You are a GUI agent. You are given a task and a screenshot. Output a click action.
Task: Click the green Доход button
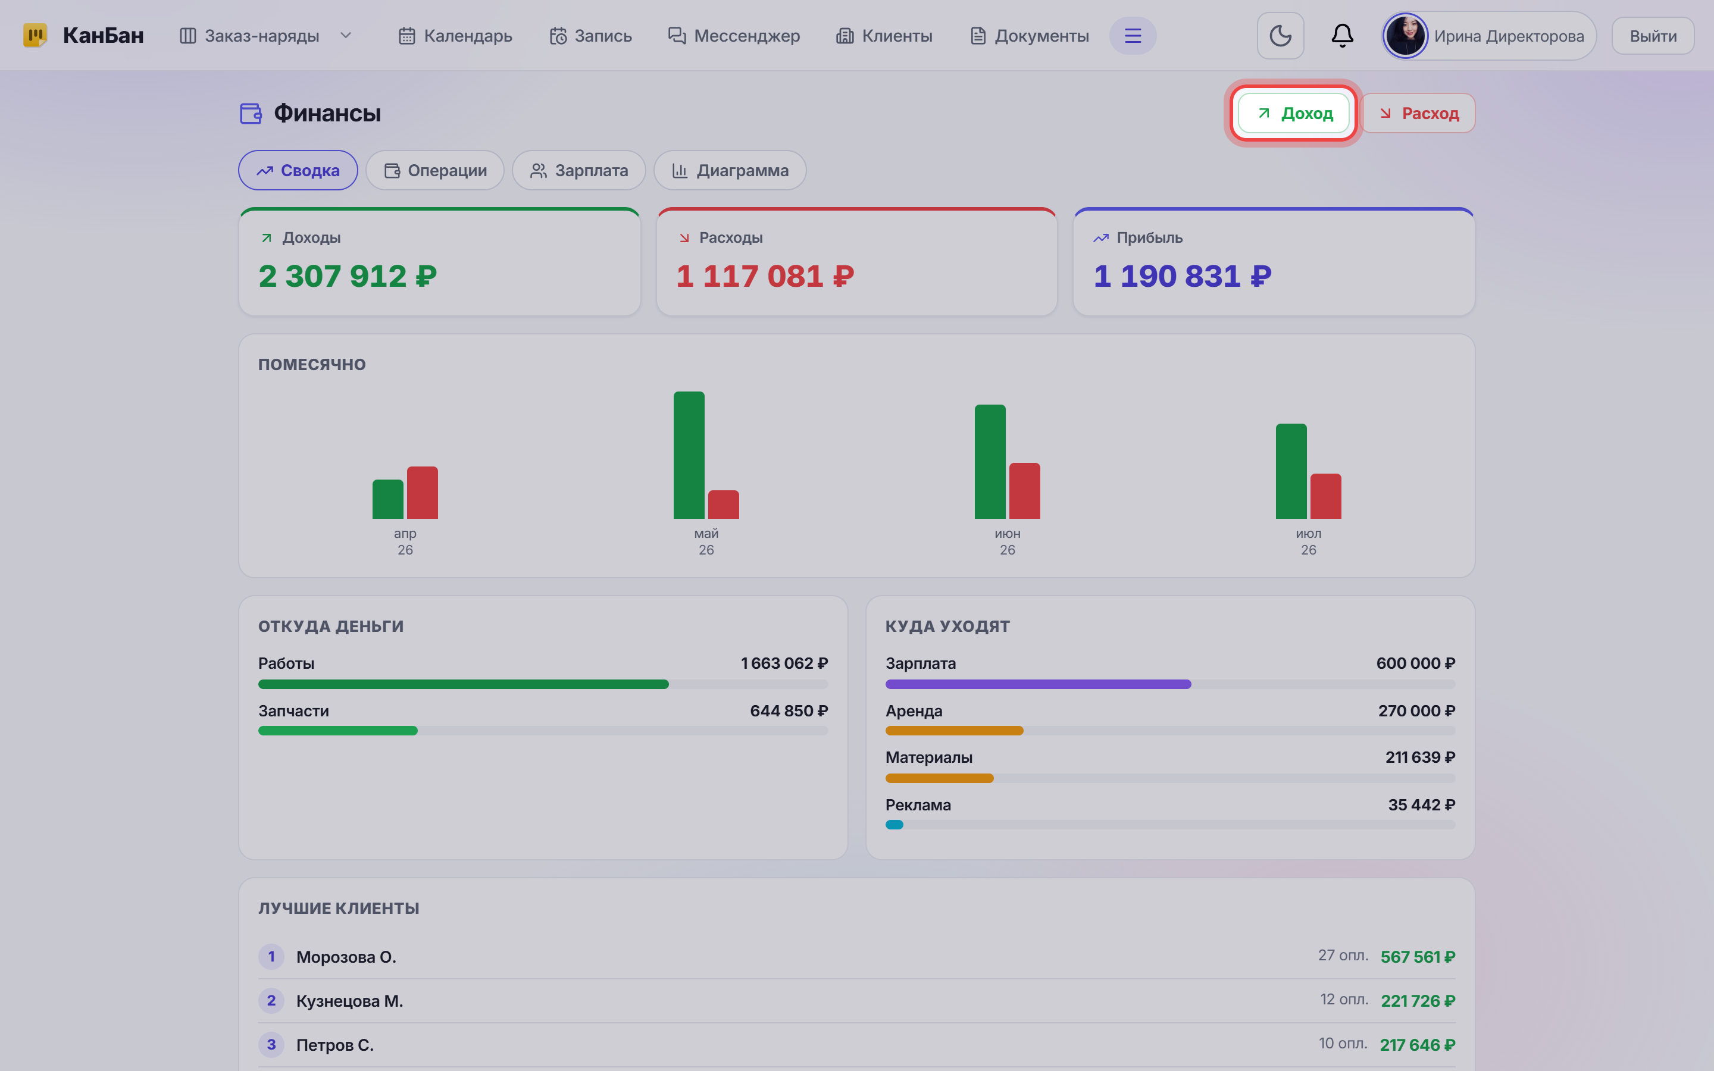1293,113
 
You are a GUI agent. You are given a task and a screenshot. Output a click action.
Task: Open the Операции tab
435,171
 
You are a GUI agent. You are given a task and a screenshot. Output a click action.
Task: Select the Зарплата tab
578,171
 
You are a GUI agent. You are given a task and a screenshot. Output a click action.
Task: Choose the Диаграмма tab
730,171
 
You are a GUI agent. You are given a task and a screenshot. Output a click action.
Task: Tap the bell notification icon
1342,36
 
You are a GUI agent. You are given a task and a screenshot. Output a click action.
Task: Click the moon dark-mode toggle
1280,36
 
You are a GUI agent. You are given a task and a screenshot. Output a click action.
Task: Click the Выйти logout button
1652,36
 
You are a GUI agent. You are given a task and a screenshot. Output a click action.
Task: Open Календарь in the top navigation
455,36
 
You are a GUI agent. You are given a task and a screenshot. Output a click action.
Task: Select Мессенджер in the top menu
734,36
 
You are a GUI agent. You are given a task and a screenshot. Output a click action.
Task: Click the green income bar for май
689,455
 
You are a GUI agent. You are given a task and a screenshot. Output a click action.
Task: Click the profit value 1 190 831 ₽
1182,276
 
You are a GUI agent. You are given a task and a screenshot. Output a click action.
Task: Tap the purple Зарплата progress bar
1037,684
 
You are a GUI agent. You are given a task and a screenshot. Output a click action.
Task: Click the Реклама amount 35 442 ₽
1421,804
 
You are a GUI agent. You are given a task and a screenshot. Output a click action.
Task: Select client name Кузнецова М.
349,1001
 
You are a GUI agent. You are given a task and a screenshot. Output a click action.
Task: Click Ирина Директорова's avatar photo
1405,36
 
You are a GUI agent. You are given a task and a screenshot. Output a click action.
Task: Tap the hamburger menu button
1133,36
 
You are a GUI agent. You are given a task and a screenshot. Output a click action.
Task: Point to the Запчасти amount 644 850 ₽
789,710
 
